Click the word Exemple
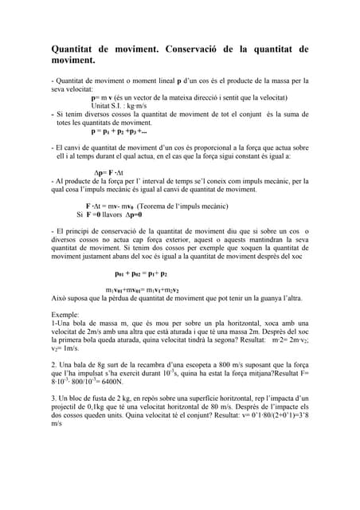(x=65, y=316)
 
